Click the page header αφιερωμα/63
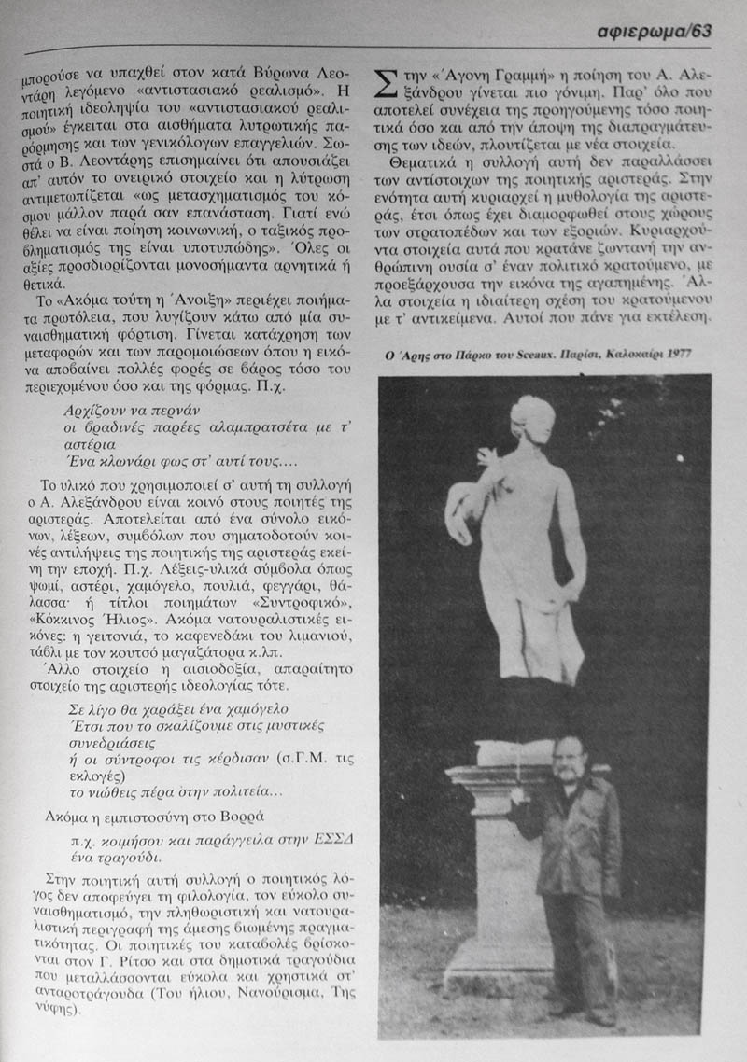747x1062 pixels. (x=655, y=32)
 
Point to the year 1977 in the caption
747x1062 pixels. (x=691, y=356)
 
